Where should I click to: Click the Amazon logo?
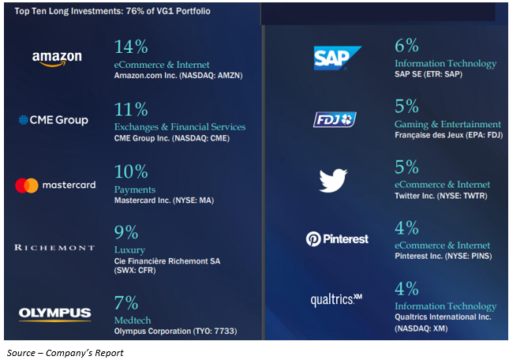(57, 58)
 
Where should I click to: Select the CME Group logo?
(53, 120)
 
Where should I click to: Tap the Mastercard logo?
(55, 186)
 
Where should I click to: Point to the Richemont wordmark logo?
(54, 247)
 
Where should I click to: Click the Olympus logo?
(54, 313)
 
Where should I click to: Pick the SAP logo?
(337, 57)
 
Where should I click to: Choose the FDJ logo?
(334, 119)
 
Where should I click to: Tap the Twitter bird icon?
(333, 181)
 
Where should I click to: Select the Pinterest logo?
(337, 238)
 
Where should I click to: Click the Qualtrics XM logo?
(336, 299)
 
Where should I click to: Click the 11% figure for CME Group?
(131, 109)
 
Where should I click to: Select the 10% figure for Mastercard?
(131, 171)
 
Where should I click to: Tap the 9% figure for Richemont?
(126, 232)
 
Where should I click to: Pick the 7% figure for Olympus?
(126, 302)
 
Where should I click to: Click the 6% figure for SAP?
(406, 46)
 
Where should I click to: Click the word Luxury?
(130, 249)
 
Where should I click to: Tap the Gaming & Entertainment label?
(447, 124)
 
